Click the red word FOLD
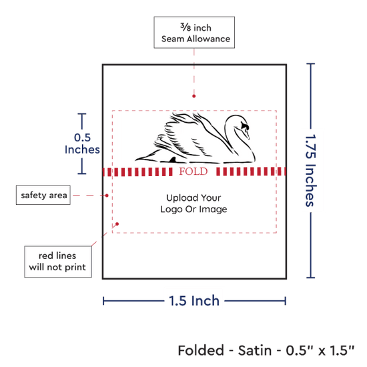tap(194, 171)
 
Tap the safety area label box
tap(43, 195)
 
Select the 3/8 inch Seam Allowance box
tap(194, 33)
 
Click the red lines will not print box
tap(58, 262)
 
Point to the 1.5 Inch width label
tap(194, 301)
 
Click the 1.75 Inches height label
tap(311, 170)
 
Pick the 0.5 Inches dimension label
tap(82, 143)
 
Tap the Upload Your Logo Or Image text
tap(194, 204)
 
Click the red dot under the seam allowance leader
tap(194, 96)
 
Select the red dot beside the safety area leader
tap(107, 196)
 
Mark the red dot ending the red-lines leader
tap(117, 224)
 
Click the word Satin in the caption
tap(255, 350)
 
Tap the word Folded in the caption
tap(201, 350)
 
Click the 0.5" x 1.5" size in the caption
tap(320, 350)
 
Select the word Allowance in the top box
tap(209, 39)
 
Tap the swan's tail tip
tap(136, 160)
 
